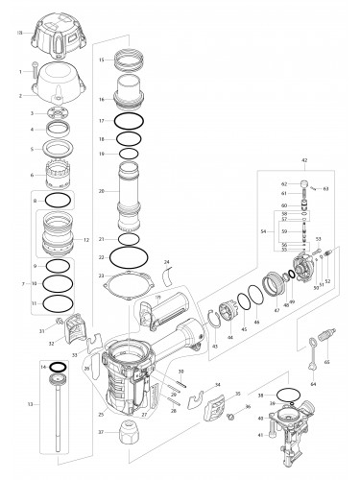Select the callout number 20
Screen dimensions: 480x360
tap(102, 191)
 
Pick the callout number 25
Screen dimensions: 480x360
tap(101, 414)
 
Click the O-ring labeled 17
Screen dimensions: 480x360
tap(129, 123)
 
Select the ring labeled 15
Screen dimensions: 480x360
tap(130, 61)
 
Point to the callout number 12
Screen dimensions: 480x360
tap(87, 239)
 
